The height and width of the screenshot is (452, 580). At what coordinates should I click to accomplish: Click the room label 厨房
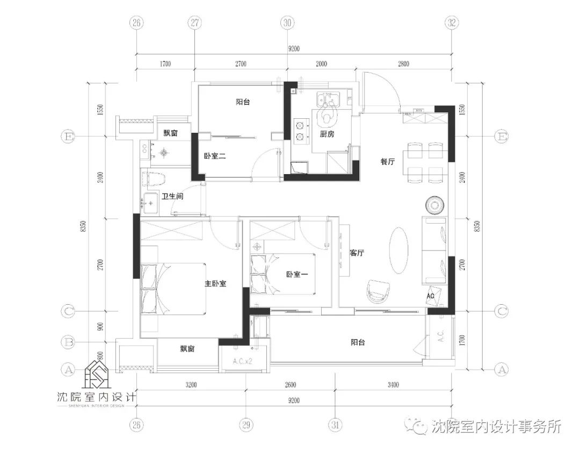point(327,134)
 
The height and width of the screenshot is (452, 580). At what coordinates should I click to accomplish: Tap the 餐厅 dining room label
point(388,161)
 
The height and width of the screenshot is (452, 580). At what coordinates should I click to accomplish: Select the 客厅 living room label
point(357,253)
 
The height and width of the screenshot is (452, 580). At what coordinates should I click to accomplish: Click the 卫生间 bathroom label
point(172,197)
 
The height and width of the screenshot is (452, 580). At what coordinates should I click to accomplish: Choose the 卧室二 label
point(214,156)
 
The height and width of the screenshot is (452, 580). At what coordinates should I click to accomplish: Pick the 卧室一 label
point(296,274)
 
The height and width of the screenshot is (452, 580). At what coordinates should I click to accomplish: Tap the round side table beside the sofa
point(434,205)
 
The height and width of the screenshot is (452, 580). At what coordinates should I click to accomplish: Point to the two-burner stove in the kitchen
point(300,132)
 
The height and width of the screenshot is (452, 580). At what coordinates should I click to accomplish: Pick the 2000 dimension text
point(321,64)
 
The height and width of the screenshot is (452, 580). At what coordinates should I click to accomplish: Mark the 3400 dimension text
point(392,385)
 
